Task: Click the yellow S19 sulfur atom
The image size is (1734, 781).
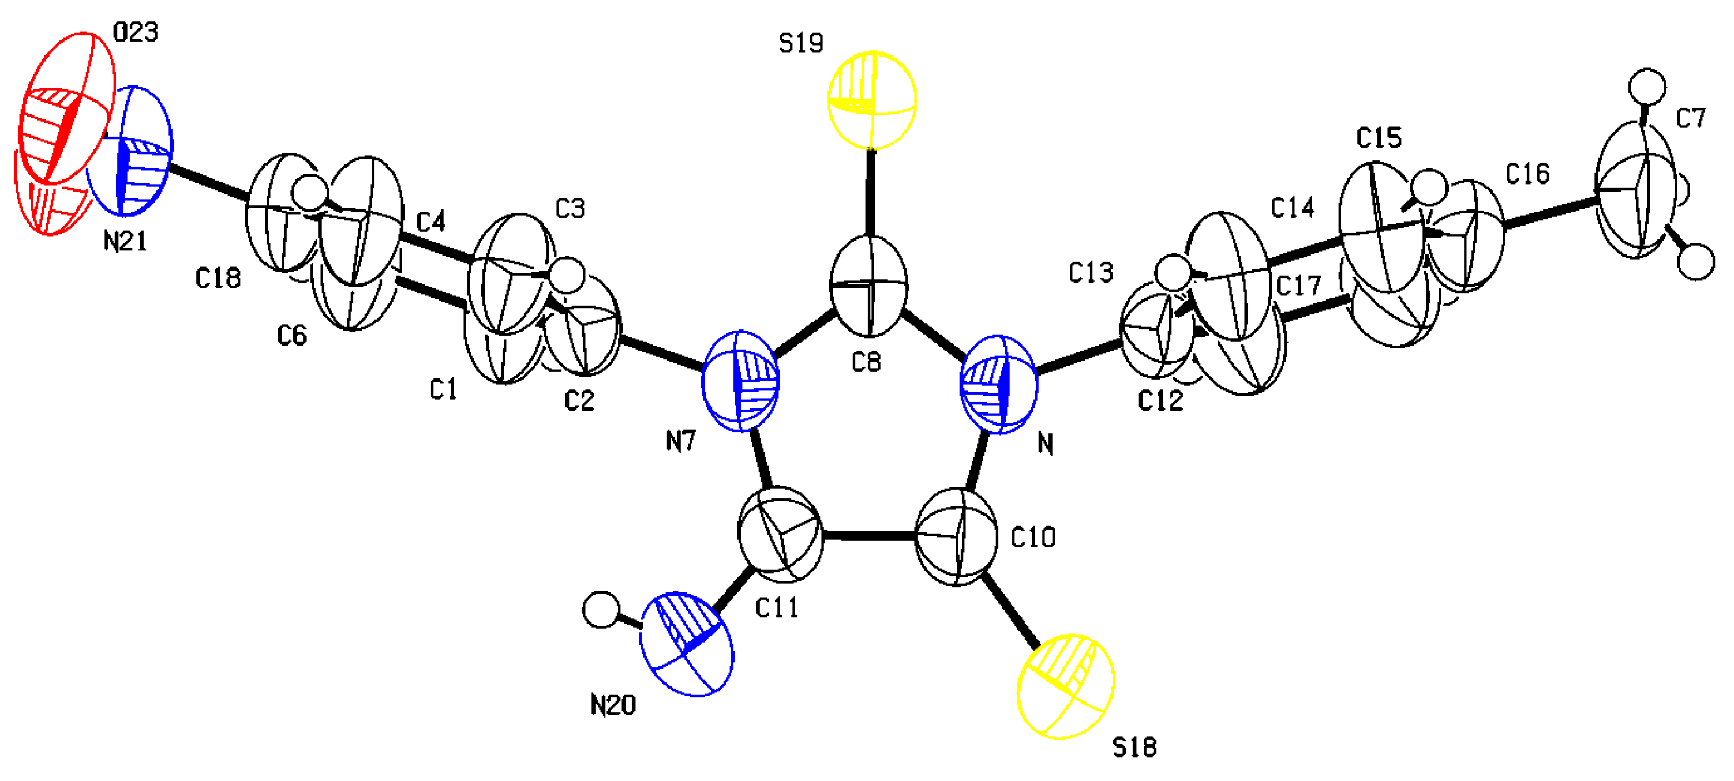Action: pos(872,100)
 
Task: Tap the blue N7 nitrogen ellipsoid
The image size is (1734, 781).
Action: pos(740,380)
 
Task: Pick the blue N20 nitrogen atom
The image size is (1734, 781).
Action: pos(686,644)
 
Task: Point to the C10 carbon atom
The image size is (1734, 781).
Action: pos(957,537)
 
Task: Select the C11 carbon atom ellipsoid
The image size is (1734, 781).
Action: pos(780,535)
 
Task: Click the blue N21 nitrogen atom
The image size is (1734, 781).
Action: pos(129,151)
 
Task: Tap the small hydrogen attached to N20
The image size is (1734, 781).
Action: pos(601,610)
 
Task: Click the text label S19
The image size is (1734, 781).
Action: pos(800,44)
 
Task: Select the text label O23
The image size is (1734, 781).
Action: pos(135,32)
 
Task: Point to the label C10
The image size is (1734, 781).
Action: pos(1033,538)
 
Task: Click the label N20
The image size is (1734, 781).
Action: pos(613,705)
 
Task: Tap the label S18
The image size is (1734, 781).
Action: pos(1134,748)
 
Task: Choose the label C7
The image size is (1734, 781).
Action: pos(1690,119)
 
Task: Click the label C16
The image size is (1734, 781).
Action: pos(1527,174)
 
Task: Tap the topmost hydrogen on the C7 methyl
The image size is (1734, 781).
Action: pos(1646,87)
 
